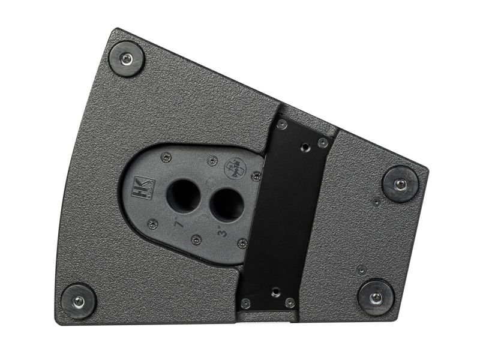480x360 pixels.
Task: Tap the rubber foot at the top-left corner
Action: (126, 58)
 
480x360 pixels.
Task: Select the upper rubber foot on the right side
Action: (400, 183)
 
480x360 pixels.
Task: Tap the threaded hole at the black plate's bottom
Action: (275, 292)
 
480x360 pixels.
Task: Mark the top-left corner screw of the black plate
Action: (281, 125)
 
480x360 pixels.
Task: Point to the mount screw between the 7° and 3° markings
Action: (196, 239)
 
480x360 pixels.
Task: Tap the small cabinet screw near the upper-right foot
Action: (376, 203)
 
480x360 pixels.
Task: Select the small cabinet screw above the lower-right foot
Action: (361, 270)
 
